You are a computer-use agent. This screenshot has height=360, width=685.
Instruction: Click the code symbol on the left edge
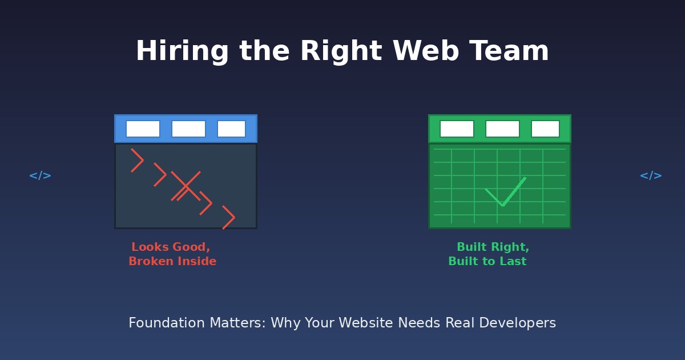pos(40,175)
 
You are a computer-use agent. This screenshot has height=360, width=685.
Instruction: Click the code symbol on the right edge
pos(651,175)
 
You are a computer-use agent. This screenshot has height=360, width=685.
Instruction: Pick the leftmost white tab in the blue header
pos(143,129)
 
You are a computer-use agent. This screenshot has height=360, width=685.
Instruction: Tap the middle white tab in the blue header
pos(188,129)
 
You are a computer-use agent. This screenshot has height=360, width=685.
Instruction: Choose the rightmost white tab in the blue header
pos(231,129)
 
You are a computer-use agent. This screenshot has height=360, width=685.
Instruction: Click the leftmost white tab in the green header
pos(457,129)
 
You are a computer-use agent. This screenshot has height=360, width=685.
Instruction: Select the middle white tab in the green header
pos(502,129)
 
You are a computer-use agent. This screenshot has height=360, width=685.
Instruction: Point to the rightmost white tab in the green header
pos(545,129)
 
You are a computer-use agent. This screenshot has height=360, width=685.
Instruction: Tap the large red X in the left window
pos(186,186)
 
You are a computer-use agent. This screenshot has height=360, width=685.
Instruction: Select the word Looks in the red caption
pos(150,247)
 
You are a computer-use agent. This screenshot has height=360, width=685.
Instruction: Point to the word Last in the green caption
pos(513,262)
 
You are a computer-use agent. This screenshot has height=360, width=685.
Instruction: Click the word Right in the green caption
pos(509,247)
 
